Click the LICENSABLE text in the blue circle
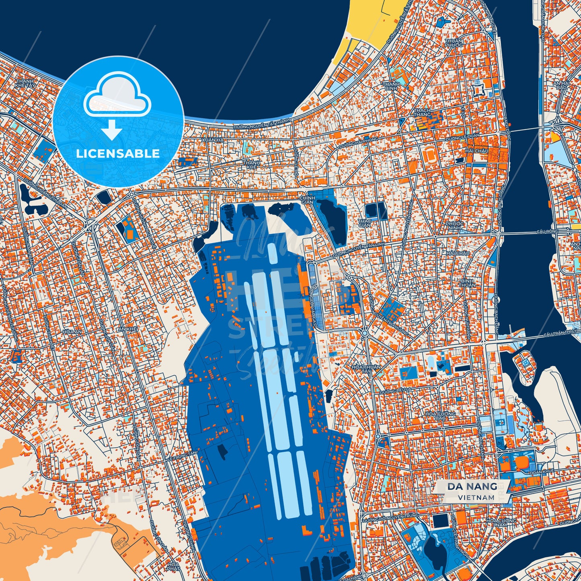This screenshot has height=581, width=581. (118, 153)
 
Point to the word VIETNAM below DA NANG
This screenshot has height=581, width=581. (476, 497)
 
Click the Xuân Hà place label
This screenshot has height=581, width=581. (214, 140)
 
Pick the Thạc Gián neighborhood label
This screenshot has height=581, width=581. (364, 223)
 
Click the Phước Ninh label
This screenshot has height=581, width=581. (454, 226)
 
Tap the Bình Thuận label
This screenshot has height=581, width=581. (468, 282)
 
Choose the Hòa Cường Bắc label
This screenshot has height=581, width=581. (441, 416)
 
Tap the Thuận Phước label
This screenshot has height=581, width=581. (454, 43)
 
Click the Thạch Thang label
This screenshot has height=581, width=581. (422, 112)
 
